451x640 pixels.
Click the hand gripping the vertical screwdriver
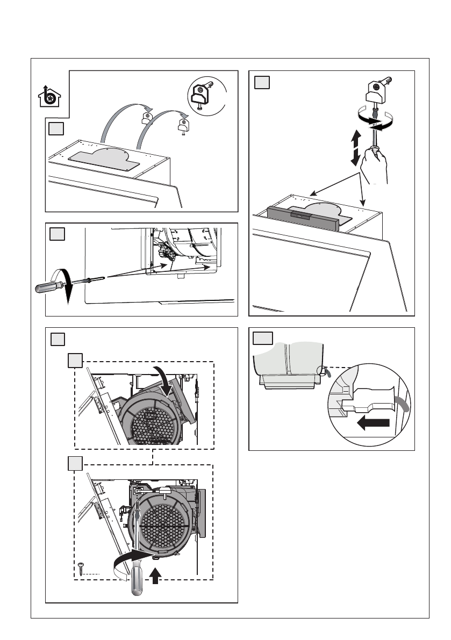pyautogui.click(x=375, y=166)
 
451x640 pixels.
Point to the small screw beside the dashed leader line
pyautogui.click(x=81, y=567)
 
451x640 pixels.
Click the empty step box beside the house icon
pyautogui.click(x=55, y=129)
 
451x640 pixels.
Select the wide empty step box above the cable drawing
pyautogui.click(x=263, y=338)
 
